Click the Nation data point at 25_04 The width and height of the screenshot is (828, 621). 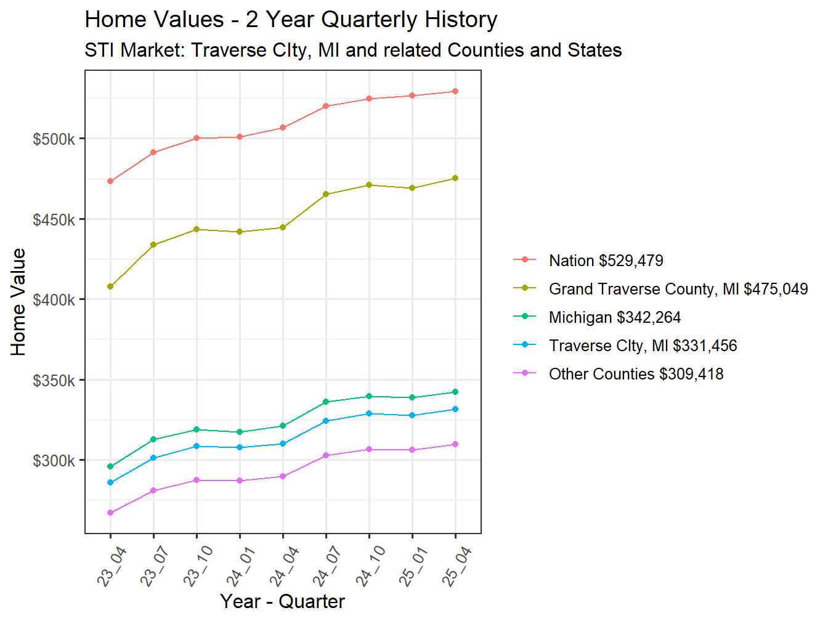(x=455, y=91)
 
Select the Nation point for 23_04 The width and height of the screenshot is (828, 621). (x=110, y=181)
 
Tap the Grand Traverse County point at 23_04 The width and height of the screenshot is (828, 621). (x=110, y=286)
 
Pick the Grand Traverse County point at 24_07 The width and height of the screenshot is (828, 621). (x=326, y=194)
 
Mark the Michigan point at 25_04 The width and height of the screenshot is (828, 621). (x=455, y=392)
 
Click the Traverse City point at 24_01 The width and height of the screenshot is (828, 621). (x=240, y=447)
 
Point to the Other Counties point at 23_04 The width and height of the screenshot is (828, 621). (x=110, y=513)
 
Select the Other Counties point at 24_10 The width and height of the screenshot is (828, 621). (x=369, y=449)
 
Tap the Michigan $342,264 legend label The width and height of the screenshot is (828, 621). (x=614, y=317)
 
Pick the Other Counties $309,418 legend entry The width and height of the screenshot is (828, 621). (x=636, y=374)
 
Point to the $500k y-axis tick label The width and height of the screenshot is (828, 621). (x=54, y=139)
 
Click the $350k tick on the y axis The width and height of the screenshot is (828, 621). (x=54, y=381)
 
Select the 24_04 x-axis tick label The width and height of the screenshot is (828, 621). (x=284, y=566)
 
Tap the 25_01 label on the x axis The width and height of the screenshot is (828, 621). (x=413, y=566)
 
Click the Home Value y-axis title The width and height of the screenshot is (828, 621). (x=18, y=302)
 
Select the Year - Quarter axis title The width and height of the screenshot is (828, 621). (x=282, y=601)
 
